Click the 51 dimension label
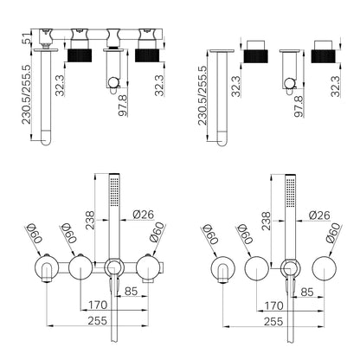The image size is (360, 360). (x=27, y=36)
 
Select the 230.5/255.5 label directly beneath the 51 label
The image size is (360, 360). (x=26, y=94)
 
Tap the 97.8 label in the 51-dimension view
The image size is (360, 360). (x=123, y=106)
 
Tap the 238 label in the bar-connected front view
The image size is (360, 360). (x=90, y=221)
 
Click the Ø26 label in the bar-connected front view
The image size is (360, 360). (x=144, y=215)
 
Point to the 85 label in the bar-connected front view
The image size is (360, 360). (x=131, y=291)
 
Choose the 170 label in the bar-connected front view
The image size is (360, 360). (x=98, y=305)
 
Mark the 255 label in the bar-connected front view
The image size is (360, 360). (x=98, y=320)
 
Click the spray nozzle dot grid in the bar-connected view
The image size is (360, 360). (x=114, y=191)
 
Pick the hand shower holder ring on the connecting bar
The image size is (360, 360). (x=114, y=267)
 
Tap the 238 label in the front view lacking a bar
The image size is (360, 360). (x=266, y=221)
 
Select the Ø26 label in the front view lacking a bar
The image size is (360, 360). (x=319, y=215)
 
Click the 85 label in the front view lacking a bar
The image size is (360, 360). (x=306, y=292)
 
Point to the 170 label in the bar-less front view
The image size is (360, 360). (x=273, y=305)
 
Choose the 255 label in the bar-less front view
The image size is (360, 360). (x=273, y=321)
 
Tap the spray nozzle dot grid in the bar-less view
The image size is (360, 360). (x=291, y=192)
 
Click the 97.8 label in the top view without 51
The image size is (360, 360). (x=299, y=106)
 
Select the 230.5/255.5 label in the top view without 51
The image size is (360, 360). (x=202, y=95)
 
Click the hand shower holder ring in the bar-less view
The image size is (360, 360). (x=290, y=268)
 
